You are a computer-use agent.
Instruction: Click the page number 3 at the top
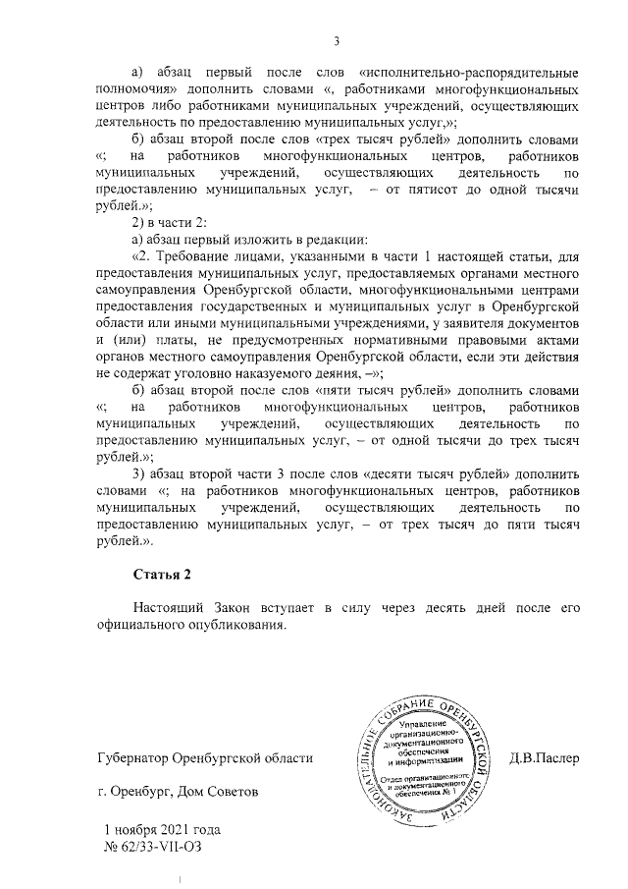click(x=336, y=41)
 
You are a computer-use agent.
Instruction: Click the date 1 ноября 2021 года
click(x=161, y=828)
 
